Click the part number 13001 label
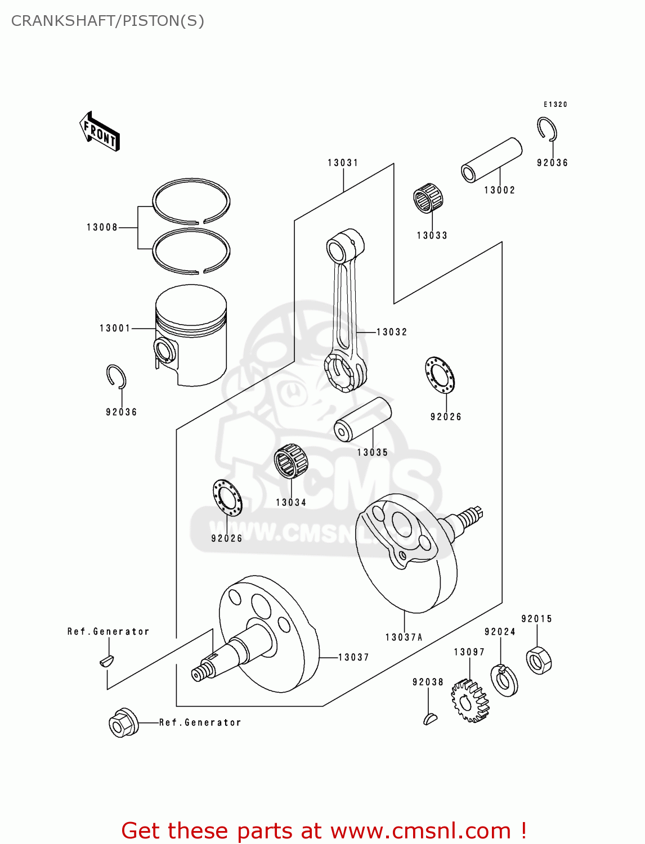(115, 328)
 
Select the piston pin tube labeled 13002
(491, 160)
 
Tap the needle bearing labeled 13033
(428, 198)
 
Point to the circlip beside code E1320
(547, 129)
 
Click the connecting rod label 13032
(392, 332)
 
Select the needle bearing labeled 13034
(291, 461)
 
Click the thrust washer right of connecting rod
(440, 375)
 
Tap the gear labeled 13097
(469, 701)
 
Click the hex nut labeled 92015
(539, 660)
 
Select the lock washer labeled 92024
(504, 680)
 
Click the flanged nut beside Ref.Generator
(123, 723)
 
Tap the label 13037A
(404, 638)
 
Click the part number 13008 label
(102, 227)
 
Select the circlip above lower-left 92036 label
(116, 376)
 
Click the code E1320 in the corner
(555, 105)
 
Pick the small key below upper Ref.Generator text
(106, 660)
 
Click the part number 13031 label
(343, 163)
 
